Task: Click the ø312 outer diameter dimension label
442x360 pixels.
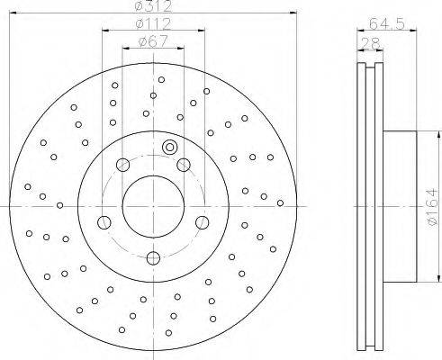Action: (x=153, y=6)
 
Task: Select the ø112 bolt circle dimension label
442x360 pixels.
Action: (x=153, y=23)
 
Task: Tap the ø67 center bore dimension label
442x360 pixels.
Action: (x=153, y=41)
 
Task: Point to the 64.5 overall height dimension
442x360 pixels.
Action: (x=387, y=23)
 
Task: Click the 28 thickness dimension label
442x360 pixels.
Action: (x=371, y=43)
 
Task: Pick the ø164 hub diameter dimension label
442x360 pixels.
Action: (x=432, y=206)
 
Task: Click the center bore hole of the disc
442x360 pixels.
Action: (x=153, y=207)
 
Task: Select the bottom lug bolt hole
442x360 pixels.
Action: (x=153, y=258)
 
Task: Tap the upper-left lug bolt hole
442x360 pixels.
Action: (x=122, y=165)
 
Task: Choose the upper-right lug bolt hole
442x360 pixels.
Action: (x=184, y=165)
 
